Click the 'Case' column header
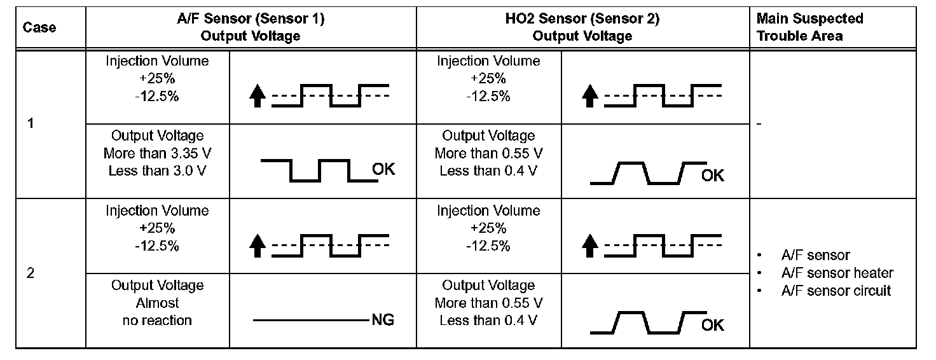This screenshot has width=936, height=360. pyautogui.click(x=39, y=27)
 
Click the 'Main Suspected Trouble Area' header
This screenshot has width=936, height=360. pyautogui.click(x=809, y=27)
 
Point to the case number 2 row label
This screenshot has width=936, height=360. pyautogui.click(x=31, y=273)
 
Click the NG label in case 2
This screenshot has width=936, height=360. pyautogui.click(x=382, y=320)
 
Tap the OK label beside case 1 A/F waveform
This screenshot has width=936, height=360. pyautogui.click(x=383, y=169)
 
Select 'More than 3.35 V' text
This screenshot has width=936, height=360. pyautogui.click(x=157, y=153)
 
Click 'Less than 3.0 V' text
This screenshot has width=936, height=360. pyautogui.click(x=157, y=170)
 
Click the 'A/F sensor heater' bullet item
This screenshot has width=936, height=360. pyautogui.click(x=837, y=273)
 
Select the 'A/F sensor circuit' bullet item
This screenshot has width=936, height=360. pyautogui.click(x=836, y=291)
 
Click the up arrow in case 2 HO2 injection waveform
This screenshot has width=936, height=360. pyautogui.click(x=590, y=247)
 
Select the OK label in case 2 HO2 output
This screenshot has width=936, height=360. pyautogui.click(x=713, y=325)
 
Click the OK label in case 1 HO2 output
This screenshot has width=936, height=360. pyautogui.click(x=713, y=175)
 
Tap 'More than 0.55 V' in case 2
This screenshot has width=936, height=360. pyautogui.click(x=488, y=303)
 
